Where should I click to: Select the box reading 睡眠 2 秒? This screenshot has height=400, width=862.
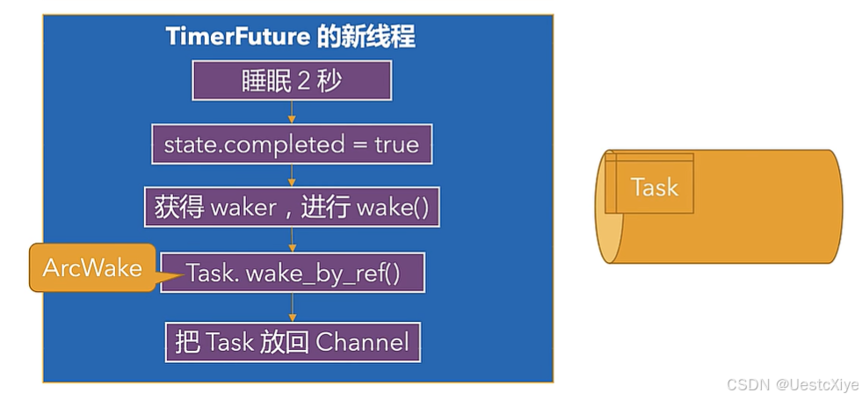coord(292,82)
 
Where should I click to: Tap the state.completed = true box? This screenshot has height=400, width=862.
coord(292,144)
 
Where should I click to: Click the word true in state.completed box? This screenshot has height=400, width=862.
coord(396,144)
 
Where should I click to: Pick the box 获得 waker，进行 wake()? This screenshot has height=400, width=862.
coord(292,208)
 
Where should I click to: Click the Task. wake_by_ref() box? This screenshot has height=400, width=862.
coord(292,273)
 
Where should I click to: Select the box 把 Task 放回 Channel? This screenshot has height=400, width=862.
coord(292,341)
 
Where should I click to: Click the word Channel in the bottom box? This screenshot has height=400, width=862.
coord(362,341)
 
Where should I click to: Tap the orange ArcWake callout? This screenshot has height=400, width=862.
coord(92,268)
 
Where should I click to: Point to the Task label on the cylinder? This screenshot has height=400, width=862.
coord(655,187)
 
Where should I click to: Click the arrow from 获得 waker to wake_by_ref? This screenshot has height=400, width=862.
coord(292,240)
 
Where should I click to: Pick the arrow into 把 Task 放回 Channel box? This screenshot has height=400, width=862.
coord(292,307)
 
